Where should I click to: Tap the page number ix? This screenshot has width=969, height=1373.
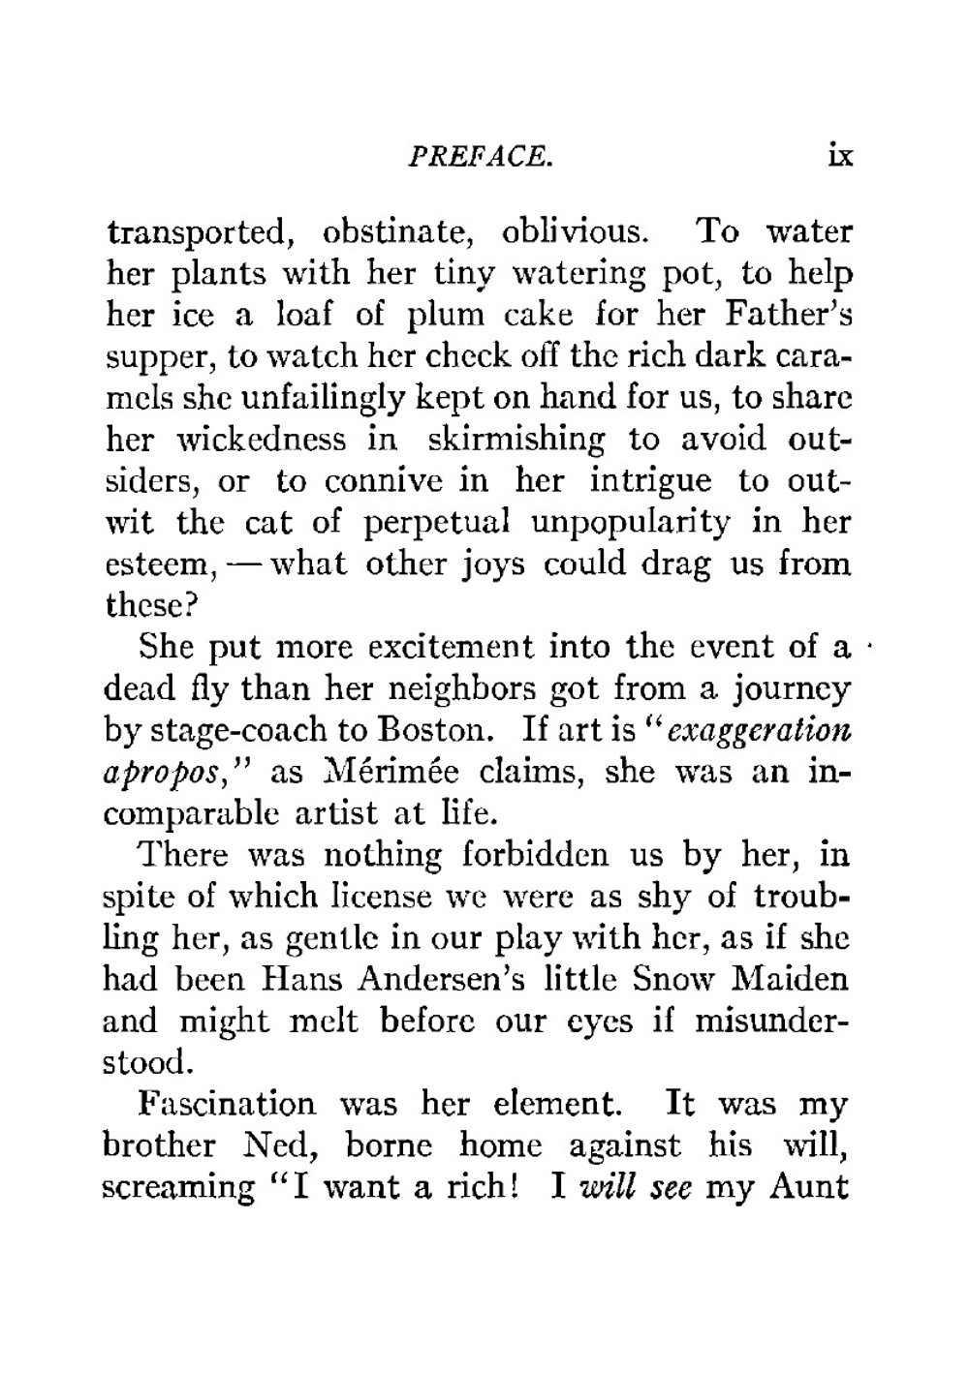839,155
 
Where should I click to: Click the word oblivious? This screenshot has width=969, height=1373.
573,232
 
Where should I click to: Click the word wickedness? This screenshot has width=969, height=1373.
261,439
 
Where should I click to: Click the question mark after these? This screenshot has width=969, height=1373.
192,605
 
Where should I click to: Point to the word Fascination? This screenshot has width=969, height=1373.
228,1104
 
